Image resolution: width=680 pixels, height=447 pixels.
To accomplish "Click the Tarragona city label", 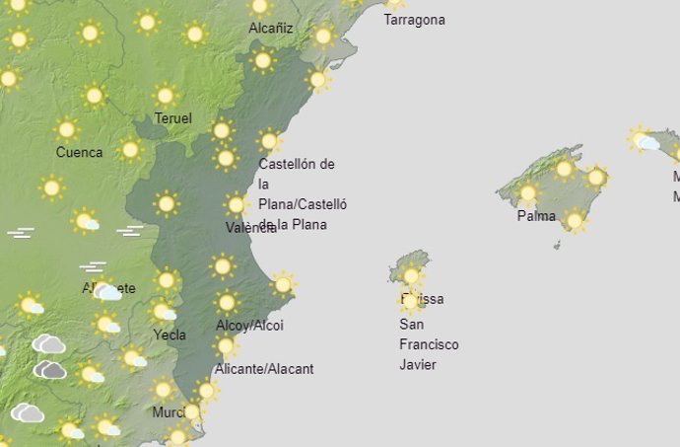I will pyautogui.click(x=414, y=20).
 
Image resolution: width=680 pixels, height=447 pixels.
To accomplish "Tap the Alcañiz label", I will pyautogui.click(x=271, y=28).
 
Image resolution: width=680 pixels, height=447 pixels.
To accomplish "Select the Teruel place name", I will pyautogui.click(x=172, y=118).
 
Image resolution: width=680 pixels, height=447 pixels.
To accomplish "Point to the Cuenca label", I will pyautogui.click(x=79, y=152).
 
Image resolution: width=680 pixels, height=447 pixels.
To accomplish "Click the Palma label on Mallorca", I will pyautogui.click(x=536, y=216).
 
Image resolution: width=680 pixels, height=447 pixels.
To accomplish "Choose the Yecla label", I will pyautogui.click(x=169, y=335).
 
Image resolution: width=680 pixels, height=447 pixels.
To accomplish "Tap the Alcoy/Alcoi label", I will pyautogui.click(x=249, y=326).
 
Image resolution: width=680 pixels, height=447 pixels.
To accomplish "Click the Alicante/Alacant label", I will pyautogui.click(x=264, y=369).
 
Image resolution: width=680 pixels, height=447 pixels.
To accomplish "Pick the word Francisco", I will pyautogui.click(x=429, y=344).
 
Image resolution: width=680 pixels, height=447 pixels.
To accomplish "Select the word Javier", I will pyautogui.click(x=418, y=365).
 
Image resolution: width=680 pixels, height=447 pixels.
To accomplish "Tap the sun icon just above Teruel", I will pyautogui.click(x=165, y=96).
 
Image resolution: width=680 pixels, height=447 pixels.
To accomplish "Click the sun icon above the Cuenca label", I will pyautogui.click(x=66, y=129).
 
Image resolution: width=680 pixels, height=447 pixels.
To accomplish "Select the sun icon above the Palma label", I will pyautogui.click(x=527, y=192).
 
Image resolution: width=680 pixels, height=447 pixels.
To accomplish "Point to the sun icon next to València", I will pyautogui.click(x=236, y=205).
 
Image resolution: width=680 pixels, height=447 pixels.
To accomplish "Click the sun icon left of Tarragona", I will pyautogui.click(x=322, y=37).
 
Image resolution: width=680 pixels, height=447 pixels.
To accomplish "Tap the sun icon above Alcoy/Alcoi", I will pyautogui.click(x=227, y=303).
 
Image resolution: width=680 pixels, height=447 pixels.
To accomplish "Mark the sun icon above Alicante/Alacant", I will pyautogui.click(x=226, y=346).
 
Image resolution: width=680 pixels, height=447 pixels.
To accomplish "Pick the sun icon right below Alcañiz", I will pyautogui.click(x=262, y=61).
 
